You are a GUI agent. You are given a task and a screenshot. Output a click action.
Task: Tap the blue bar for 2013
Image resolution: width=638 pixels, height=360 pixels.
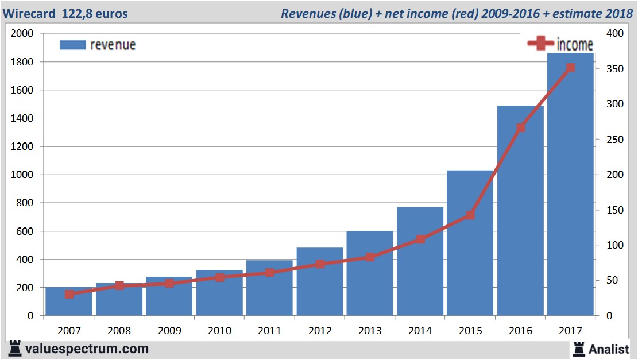pyautogui.click(x=369, y=281)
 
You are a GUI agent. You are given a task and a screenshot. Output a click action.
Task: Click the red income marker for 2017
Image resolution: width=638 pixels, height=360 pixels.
pyautogui.click(x=570, y=68)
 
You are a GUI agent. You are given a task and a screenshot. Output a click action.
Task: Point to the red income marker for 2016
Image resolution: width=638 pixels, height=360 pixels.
pyautogui.click(x=520, y=127)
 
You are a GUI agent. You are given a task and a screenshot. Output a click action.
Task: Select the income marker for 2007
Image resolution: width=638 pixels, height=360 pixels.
pyautogui.click(x=69, y=294)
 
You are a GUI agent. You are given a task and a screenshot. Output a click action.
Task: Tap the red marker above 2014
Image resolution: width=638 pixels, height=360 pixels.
pyautogui.click(x=420, y=239)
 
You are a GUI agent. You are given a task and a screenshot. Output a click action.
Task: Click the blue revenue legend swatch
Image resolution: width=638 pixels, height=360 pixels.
pyautogui.click(x=72, y=45)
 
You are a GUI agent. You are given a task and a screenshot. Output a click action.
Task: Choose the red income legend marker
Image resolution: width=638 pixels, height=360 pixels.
pyautogui.click(x=540, y=44)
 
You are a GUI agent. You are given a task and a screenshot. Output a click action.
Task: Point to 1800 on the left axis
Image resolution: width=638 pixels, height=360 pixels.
pyautogui.click(x=22, y=62)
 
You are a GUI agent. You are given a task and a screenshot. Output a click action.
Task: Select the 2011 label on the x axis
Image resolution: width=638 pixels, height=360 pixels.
pyautogui.click(x=269, y=331)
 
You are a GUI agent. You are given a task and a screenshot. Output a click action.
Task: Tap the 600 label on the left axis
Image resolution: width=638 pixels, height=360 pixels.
pyautogui.click(x=26, y=231)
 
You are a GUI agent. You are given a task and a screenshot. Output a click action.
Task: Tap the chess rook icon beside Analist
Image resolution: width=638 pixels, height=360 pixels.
pyautogui.click(x=578, y=348)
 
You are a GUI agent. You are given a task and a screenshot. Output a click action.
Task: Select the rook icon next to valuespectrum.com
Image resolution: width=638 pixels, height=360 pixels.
pyautogui.click(x=14, y=349)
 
